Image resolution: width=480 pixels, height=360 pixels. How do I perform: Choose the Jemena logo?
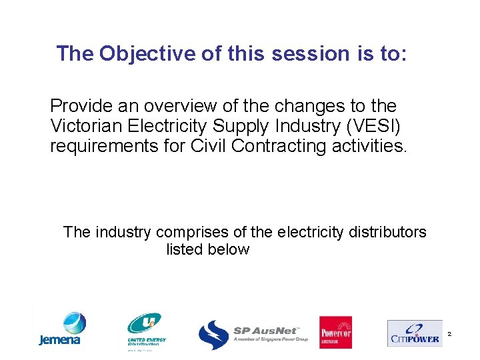pyautogui.click(x=61, y=329)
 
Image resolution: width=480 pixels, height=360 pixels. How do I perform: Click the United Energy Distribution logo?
pyautogui.click(x=147, y=331)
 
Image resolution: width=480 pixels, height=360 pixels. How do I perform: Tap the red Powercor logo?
pyautogui.click(x=335, y=332)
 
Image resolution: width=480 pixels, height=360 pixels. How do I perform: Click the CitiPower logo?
pyautogui.click(x=414, y=333)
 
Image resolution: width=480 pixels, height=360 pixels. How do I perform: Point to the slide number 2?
pyautogui.click(x=449, y=333)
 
